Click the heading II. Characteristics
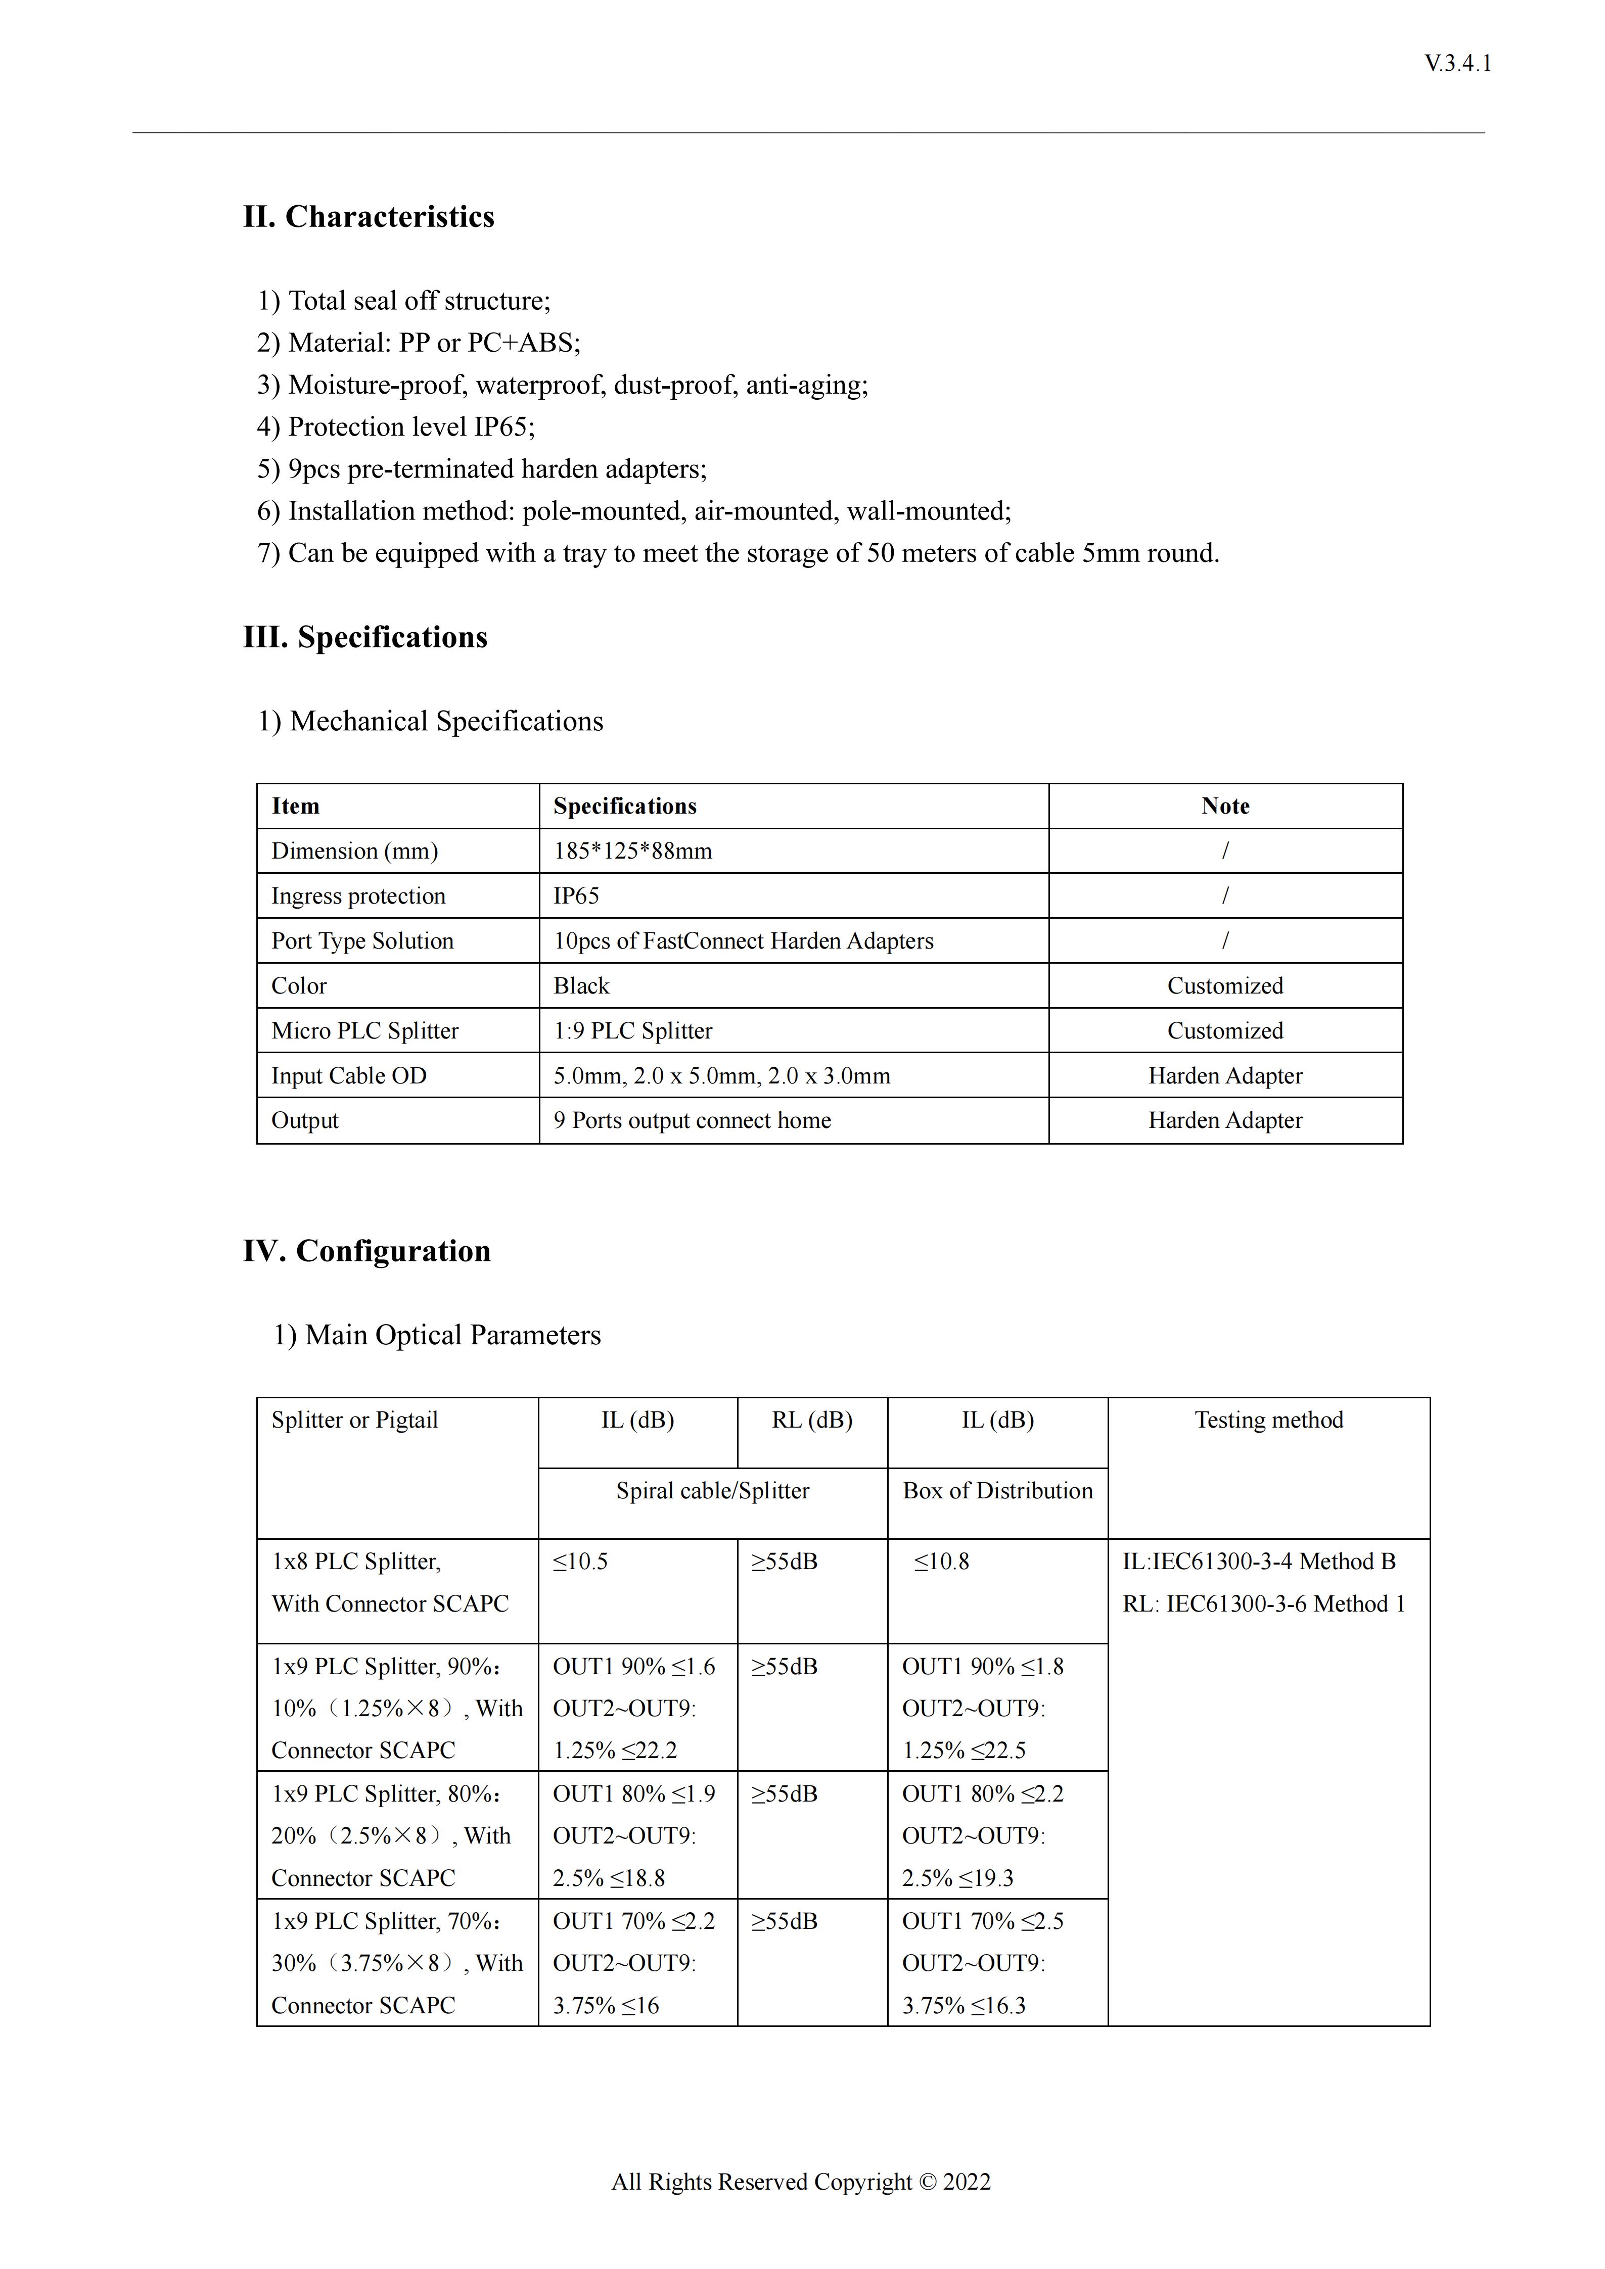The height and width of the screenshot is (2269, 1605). coord(369,216)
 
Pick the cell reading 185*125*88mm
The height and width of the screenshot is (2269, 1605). coord(632,851)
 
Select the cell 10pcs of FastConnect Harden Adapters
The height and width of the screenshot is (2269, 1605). coord(743,941)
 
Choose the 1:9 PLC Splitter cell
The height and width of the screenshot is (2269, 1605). coord(632,1031)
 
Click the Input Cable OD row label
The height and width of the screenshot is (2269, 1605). coord(349,1076)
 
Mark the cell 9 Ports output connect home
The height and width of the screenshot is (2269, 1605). coord(692,1121)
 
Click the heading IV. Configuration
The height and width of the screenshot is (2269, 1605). coord(366,1251)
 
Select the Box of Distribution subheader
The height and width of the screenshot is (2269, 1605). coord(997,1491)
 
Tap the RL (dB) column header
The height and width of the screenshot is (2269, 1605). coord(811,1420)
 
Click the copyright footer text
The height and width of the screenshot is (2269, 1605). coord(801,2182)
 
